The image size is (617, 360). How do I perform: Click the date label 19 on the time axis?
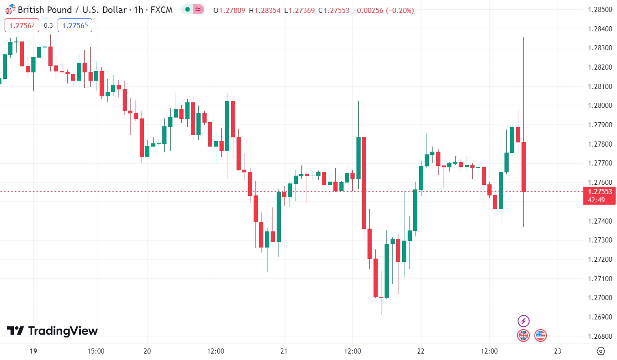point(33,351)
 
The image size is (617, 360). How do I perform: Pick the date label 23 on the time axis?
point(557,351)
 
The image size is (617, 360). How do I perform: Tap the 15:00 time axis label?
point(95,351)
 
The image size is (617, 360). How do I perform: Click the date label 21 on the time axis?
point(284,351)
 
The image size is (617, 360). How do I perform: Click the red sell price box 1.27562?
point(22,26)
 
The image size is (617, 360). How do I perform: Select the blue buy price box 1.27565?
point(75,26)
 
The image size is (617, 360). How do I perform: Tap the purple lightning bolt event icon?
point(523,321)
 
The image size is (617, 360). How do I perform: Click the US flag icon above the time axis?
point(540,336)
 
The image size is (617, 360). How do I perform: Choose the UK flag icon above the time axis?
point(523,336)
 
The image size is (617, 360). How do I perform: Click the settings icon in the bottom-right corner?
point(600,351)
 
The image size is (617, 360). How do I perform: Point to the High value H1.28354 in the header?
point(267,10)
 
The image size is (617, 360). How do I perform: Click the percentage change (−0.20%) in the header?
point(397,10)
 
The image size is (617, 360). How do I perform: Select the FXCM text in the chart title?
point(162,10)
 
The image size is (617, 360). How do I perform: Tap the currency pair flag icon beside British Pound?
point(10,10)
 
